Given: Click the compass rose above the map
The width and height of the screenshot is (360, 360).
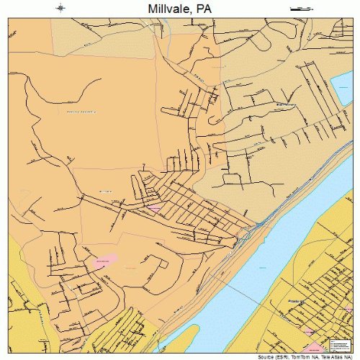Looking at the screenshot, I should click(60, 8).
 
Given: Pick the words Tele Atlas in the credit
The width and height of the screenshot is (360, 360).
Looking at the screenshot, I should click(334, 355).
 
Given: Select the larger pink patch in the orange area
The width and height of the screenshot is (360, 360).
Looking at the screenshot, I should click(104, 259).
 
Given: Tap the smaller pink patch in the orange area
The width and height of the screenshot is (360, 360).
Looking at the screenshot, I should click(153, 208).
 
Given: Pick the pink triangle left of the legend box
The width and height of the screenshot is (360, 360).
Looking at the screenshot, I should click(309, 331).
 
